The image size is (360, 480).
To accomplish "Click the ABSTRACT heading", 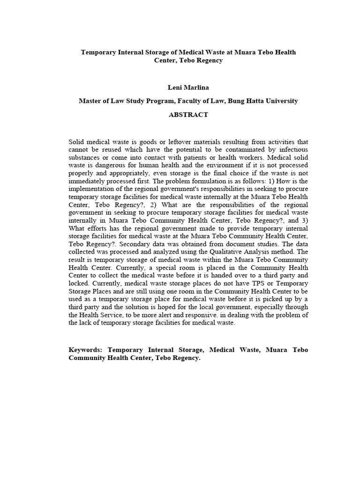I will click(188, 115).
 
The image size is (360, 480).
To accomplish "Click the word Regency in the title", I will click(208, 61).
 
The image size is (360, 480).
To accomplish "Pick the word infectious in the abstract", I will click(292, 149).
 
